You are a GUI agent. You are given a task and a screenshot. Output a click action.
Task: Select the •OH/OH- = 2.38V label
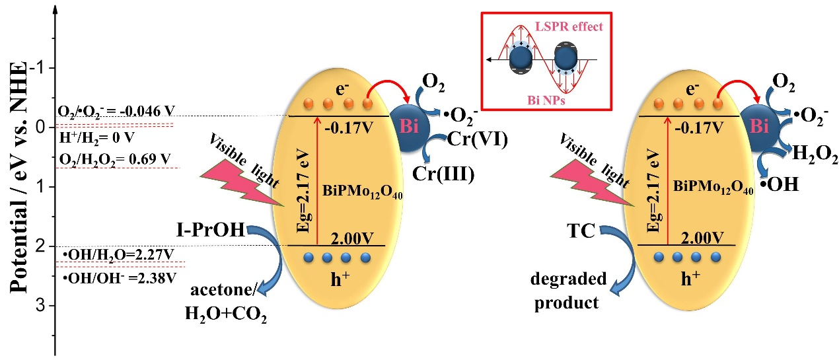(120, 278)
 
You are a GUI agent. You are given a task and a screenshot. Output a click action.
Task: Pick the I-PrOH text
(212, 230)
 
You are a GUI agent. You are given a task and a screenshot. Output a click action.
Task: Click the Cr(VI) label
(478, 140)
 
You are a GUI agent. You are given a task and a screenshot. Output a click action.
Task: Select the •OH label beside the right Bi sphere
(780, 184)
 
